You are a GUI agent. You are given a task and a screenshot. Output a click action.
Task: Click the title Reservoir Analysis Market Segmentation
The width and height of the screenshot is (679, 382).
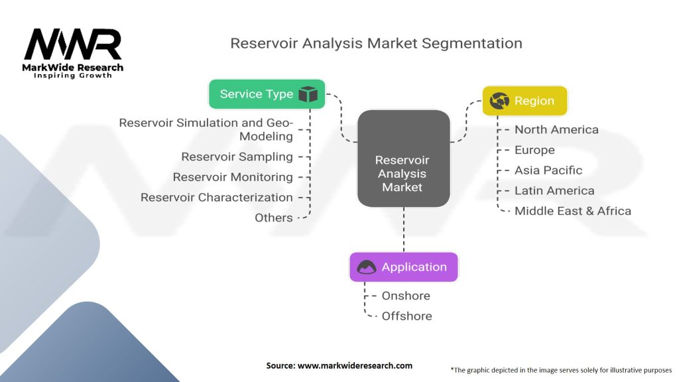(376, 43)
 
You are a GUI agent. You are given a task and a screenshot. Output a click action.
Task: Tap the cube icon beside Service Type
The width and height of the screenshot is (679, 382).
(308, 94)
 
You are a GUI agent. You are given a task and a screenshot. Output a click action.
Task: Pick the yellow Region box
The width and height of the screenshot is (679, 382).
(525, 101)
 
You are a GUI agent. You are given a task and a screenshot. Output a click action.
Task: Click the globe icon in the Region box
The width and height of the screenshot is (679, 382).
(499, 101)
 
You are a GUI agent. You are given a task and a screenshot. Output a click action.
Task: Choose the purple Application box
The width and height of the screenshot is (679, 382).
(404, 267)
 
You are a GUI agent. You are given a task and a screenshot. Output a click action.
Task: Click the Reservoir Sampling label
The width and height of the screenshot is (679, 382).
(237, 157)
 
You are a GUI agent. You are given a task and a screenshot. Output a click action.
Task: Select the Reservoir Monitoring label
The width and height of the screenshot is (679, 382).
(233, 177)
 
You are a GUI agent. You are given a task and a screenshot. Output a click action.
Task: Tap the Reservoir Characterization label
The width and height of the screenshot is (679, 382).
(216, 197)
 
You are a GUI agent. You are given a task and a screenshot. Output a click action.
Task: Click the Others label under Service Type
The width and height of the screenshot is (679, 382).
(274, 218)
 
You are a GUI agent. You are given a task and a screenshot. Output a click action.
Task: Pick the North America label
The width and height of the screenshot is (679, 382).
(556, 129)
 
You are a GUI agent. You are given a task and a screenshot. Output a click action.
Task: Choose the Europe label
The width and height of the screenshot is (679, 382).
(534, 150)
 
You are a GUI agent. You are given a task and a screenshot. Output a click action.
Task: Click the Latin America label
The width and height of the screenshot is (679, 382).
(554, 190)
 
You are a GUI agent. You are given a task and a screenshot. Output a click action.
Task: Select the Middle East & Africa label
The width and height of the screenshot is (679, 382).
(573, 211)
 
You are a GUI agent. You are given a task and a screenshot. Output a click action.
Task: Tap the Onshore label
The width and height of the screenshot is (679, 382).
(406, 296)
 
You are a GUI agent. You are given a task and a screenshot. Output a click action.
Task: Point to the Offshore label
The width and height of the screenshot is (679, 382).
(406, 316)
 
